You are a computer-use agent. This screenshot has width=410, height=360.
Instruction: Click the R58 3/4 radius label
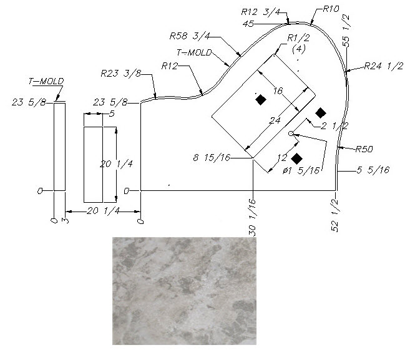190,36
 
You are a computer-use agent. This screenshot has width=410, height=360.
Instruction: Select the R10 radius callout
331,9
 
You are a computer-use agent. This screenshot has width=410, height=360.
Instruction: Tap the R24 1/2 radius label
384,66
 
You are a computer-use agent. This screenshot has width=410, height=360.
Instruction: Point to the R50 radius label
364,149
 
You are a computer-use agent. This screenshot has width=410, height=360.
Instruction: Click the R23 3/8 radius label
120,73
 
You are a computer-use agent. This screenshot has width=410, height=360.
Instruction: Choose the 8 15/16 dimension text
212,158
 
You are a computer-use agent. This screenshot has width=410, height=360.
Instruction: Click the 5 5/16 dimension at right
373,170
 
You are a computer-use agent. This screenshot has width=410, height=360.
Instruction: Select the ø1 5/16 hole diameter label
301,171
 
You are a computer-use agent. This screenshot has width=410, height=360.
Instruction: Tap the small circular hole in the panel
291,134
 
